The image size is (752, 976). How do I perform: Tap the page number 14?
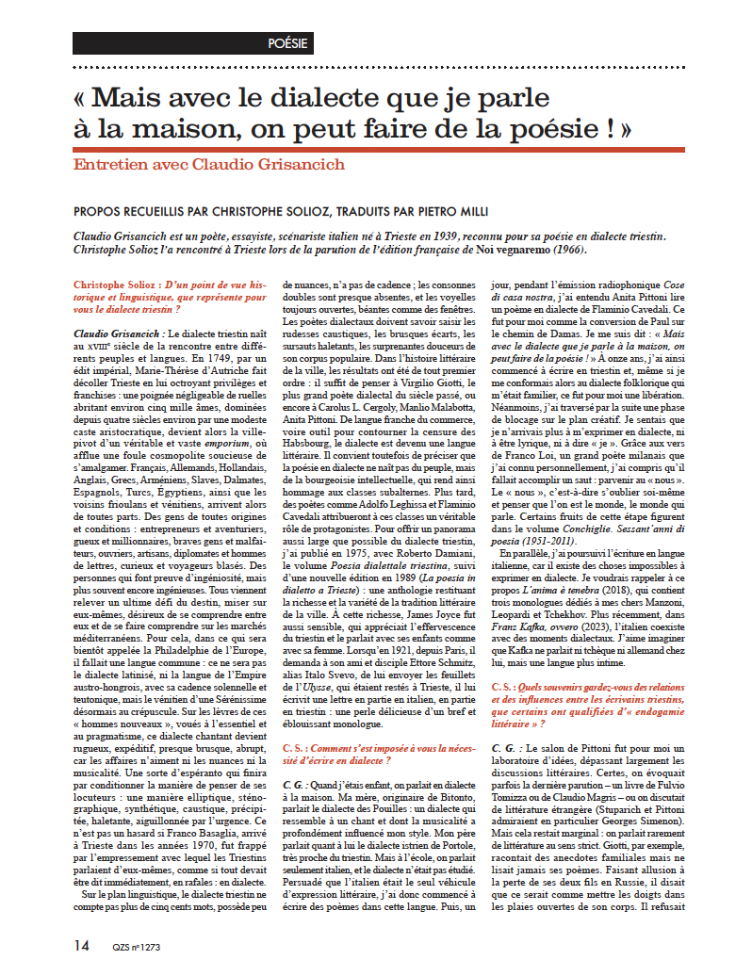click(83, 944)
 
